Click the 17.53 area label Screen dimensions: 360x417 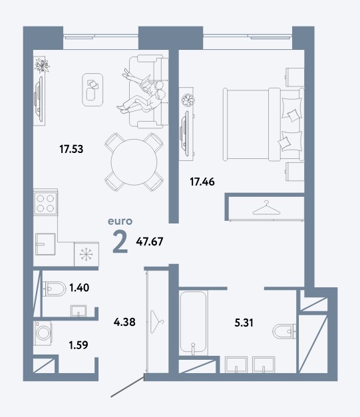[71, 149]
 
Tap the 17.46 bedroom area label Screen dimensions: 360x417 [202, 182]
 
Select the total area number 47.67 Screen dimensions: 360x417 [150, 241]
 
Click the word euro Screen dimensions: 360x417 [120, 221]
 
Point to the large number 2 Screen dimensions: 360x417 [120, 241]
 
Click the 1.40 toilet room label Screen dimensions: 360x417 [79, 287]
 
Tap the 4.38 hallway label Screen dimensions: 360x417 [124, 322]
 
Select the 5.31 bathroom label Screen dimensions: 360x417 [244, 323]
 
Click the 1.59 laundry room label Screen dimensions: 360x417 [79, 345]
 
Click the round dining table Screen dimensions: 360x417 [134, 162]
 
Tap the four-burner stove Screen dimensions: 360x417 [45, 203]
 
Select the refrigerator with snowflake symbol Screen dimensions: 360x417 [87, 254]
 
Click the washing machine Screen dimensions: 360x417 [43, 333]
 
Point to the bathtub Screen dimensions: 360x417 [193, 323]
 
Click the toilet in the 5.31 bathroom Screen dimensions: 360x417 [285, 331]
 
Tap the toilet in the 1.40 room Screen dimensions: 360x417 [55, 288]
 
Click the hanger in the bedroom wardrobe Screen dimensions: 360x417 [266, 208]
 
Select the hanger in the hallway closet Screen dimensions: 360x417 [157, 321]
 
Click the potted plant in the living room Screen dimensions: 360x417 [42, 65]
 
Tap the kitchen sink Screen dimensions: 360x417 [45, 244]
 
